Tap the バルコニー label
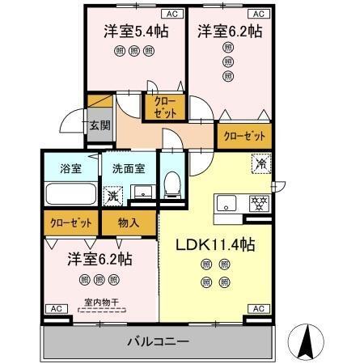point(158,341)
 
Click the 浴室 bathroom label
point(70,169)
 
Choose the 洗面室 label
point(129,169)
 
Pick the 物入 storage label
point(129,221)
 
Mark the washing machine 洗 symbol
point(114,196)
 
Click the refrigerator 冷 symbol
point(262,161)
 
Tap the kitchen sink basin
point(224,201)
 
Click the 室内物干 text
point(99,303)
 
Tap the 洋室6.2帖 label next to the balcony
point(99,260)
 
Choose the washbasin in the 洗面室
point(142,192)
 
